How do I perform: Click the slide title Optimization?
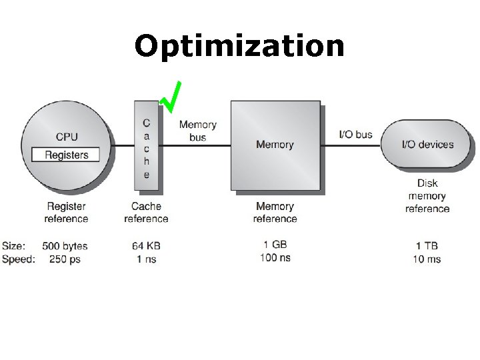239,47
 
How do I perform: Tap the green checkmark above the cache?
171,97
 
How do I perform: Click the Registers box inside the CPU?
66,155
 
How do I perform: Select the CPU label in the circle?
67,137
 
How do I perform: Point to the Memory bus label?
197,131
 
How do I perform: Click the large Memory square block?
275,145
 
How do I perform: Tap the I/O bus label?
355,134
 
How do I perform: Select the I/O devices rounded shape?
427,144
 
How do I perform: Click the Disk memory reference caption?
427,196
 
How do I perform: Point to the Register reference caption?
66,213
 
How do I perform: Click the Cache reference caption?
146,213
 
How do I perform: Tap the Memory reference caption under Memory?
275,213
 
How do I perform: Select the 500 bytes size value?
65,246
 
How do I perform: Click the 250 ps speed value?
65,259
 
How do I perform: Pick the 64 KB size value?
146,246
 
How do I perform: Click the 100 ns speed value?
275,257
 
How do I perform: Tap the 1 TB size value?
427,246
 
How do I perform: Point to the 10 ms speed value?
427,259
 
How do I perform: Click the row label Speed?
18,259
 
